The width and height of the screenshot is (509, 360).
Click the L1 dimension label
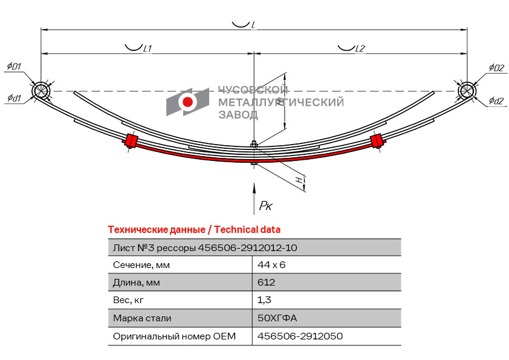pos(148,48)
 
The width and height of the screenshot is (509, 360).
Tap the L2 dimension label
pos(360,48)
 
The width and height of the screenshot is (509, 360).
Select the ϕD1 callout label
pos(14,67)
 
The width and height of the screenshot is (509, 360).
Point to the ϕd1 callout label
pos(14,97)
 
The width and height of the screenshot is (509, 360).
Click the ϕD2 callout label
pos(497,68)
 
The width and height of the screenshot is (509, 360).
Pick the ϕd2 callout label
pos(496,100)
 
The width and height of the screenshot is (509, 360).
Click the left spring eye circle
pos(41,91)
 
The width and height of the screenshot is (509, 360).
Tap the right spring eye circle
pos(467,91)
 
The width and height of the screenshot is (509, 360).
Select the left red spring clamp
pos(131,140)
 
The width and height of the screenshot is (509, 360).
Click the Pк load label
pos(266,205)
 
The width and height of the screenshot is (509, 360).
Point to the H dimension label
pos(300,179)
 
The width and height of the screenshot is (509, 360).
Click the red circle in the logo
pos(187,102)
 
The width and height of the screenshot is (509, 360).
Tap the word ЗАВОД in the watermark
pos(238,115)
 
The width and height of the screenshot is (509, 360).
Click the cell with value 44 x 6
pos(271,265)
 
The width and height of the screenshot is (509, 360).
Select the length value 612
pos(266,283)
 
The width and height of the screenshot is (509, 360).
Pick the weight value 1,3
pos(264,300)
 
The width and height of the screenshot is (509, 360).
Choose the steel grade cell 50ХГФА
pos(277,318)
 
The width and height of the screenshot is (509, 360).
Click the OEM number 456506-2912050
pos(300,336)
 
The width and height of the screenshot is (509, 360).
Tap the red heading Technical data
pos(247,230)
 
